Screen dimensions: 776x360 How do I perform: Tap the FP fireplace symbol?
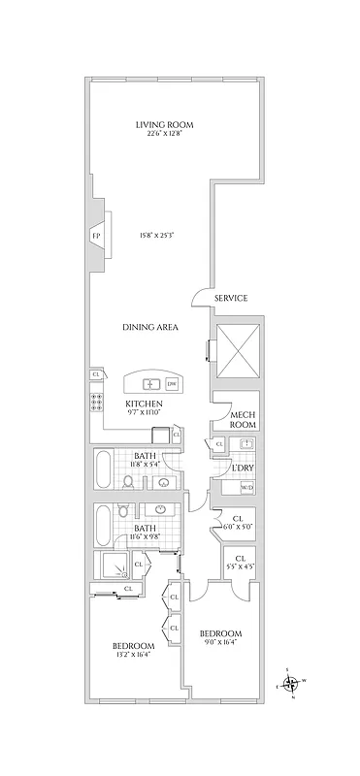pyautogui.click(x=96, y=236)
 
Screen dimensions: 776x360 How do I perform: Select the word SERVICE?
pyautogui.click(x=230, y=298)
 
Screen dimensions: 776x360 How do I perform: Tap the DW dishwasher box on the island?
pyautogui.click(x=172, y=382)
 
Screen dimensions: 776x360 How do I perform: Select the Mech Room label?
pyautogui.click(x=242, y=420)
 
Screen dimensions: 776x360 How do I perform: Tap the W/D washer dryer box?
pyautogui.click(x=246, y=487)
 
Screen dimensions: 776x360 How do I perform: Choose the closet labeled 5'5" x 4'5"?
pyautogui.click(x=241, y=561)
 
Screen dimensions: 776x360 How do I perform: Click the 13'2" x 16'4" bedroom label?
pyautogui.click(x=132, y=650)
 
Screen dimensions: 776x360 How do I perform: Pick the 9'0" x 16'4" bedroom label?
pyautogui.click(x=222, y=636)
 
